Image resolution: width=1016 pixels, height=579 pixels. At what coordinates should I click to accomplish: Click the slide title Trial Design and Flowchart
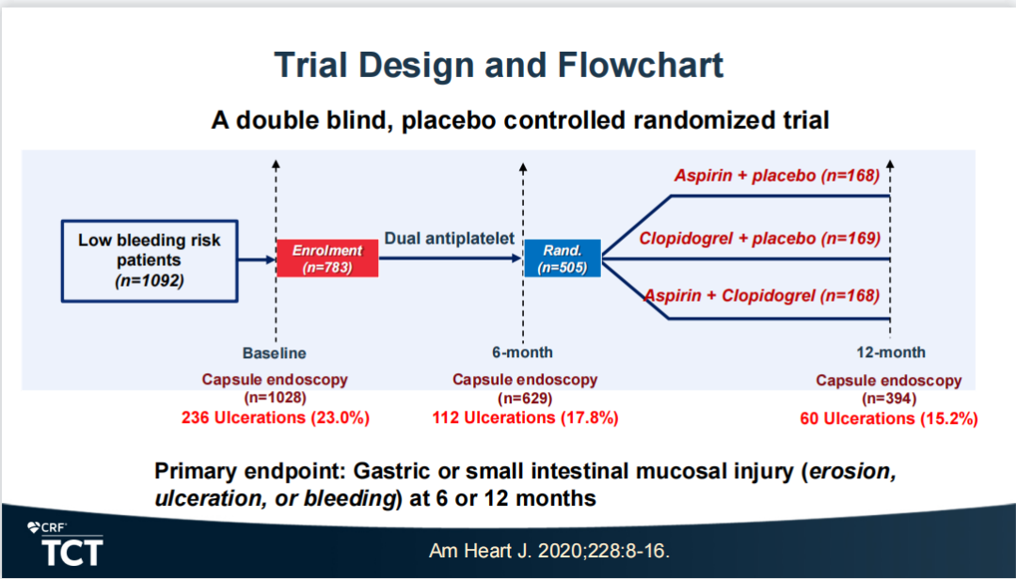click(x=499, y=66)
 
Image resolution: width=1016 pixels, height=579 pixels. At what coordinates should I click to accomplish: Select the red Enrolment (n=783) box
click(x=326, y=258)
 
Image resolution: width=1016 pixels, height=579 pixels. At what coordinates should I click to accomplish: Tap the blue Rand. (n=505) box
click(x=562, y=258)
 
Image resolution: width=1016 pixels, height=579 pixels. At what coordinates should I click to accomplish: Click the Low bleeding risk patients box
click(x=150, y=258)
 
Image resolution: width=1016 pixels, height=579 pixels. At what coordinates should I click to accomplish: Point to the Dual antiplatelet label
click(x=450, y=239)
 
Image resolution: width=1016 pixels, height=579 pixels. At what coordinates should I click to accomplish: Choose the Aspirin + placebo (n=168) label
click(x=776, y=175)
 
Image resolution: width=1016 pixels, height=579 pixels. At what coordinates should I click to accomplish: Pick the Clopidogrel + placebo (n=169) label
click(x=759, y=238)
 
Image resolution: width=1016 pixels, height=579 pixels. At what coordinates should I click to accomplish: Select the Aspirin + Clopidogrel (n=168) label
click(x=762, y=295)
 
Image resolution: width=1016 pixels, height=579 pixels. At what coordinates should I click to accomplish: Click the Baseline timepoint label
click(x=275, y=353)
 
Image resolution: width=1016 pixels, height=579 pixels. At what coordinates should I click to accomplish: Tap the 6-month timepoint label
click(x=522, y=353)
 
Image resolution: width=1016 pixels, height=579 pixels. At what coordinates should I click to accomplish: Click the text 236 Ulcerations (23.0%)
click(x=275, y=417)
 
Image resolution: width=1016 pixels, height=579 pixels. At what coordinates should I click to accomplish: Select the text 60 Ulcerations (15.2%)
click(x=888, y=418)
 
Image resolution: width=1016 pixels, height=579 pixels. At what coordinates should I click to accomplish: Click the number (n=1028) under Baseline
click(x=275, y=399)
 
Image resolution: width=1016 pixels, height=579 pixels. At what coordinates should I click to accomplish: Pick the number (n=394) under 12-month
click(x=888, y=399)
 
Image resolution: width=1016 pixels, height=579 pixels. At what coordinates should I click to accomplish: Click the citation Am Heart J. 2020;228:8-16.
click(x=548, y=551)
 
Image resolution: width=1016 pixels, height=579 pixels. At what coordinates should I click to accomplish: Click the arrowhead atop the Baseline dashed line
click(x=276, y=164)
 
